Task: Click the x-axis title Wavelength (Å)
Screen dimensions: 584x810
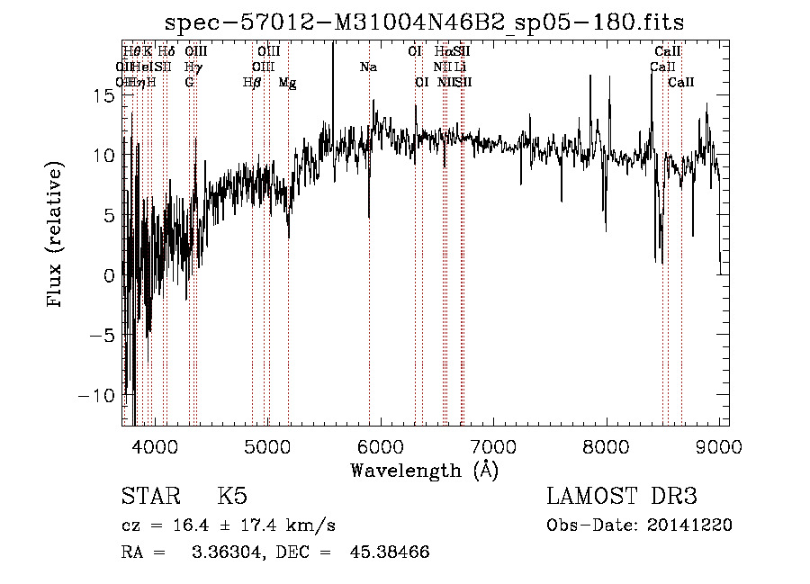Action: coord(425,470)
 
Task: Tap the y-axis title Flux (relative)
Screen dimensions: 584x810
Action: coord(56,235)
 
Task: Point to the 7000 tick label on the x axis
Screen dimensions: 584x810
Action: coord(492,445)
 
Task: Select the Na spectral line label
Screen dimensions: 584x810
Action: coord(368,67)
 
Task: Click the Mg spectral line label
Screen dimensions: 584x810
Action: coord(288,82)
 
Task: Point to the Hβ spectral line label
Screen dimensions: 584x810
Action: coord(252,82)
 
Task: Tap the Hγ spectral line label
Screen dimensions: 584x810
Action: coord(193,67)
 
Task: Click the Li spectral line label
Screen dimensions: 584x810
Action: coord(460,67)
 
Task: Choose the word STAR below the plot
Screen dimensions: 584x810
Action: coord(149,498)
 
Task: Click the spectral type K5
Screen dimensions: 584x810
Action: coord(232,498)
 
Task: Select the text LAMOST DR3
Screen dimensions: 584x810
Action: coord(622,498)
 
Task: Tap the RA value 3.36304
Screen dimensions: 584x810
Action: coord(222,552)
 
